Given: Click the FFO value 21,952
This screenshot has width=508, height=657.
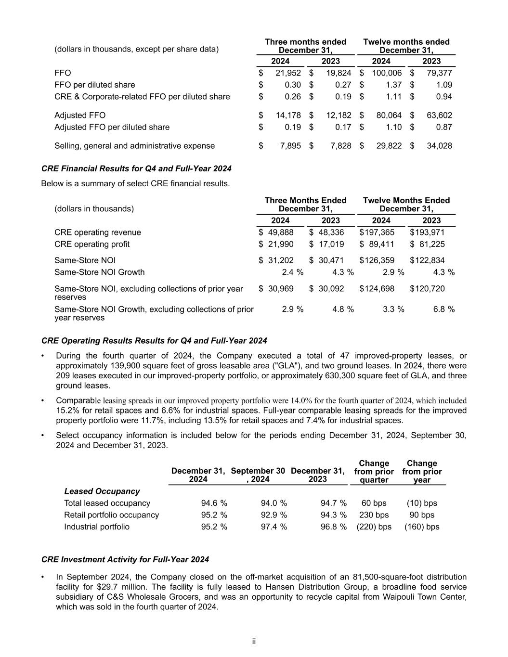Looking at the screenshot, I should click(288, 73).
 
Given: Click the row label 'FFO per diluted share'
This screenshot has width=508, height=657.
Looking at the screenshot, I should click(95, 85).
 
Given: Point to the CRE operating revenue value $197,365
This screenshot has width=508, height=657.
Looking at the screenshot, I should click(377, 232).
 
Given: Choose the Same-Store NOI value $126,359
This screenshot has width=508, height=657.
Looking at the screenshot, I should click(377, 260).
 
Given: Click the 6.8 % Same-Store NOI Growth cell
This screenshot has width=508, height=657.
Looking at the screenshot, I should click(444, 309).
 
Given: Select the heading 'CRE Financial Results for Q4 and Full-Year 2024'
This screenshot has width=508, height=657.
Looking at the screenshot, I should click(136, 168).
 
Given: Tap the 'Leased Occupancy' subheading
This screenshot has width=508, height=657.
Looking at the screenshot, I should click(102, 491).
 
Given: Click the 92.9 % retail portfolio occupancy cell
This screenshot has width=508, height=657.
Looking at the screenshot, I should click(274, 515).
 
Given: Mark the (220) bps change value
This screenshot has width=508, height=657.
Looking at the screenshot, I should click(374, 527).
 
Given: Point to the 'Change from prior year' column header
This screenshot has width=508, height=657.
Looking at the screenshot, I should click(422, 471).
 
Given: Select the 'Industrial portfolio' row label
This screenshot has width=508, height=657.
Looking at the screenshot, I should click(97, 527).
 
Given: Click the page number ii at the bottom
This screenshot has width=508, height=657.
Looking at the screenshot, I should click(254, 642).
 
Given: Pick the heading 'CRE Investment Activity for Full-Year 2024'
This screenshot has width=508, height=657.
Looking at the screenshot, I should click(125, 559).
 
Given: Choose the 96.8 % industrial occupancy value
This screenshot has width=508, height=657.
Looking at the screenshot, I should click(333, 527).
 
